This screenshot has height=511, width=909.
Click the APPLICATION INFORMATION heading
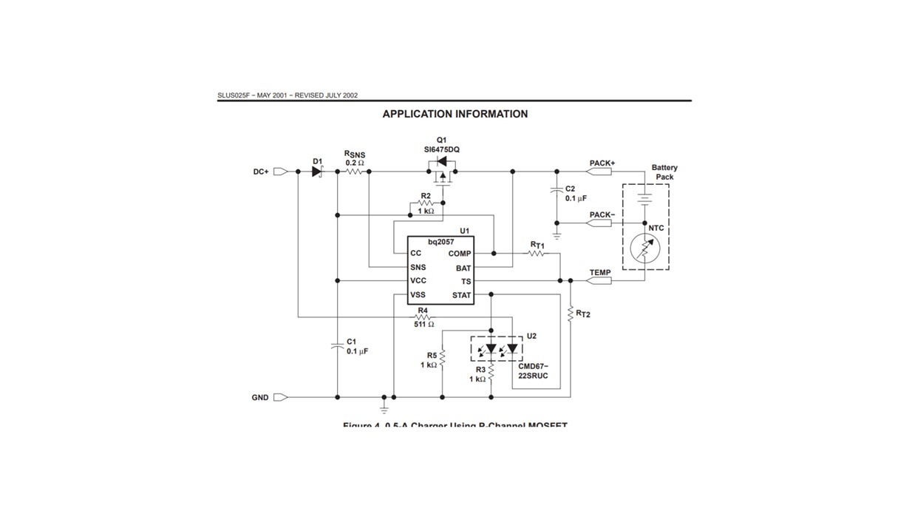[x=454, y=114]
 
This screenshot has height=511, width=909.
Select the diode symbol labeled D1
[x=318, y=172]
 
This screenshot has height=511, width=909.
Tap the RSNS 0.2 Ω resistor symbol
[x=354, y=172]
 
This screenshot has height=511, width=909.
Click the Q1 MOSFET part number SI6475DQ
[x=442, y=149]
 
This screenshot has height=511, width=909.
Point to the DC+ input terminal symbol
[x=280, y=172]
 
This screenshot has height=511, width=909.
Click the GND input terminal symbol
[x=280, y=397]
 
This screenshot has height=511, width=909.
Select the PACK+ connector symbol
[x=600, y=172]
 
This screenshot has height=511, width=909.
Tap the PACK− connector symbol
[x=600, y=223]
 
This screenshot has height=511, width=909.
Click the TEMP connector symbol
[x=600, y=281]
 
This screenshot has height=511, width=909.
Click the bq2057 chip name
[x=441, y=242]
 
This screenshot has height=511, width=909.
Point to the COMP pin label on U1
[x=459, y=254]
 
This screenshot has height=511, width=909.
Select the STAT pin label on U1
[x=461, y=295]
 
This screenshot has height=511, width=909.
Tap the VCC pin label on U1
[x=418, y=281]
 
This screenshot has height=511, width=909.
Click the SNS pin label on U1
[x=418, y=267]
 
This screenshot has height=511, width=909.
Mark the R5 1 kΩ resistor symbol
[x=442, y=359]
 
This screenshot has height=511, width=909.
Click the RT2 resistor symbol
[x=570, y=314]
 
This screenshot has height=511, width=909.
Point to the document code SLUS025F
[x=235, y=95]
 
